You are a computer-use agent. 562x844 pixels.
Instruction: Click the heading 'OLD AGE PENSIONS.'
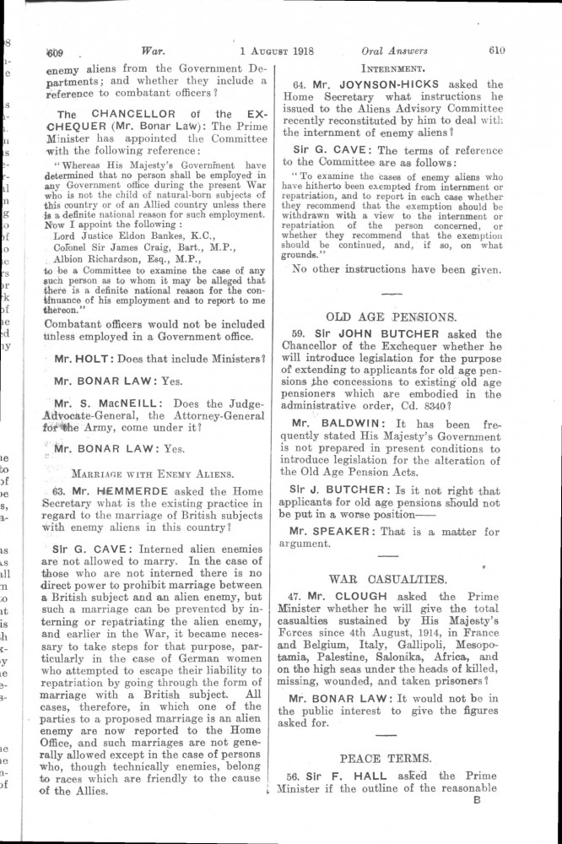392,318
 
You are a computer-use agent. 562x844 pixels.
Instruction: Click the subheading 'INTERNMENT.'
391,67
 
